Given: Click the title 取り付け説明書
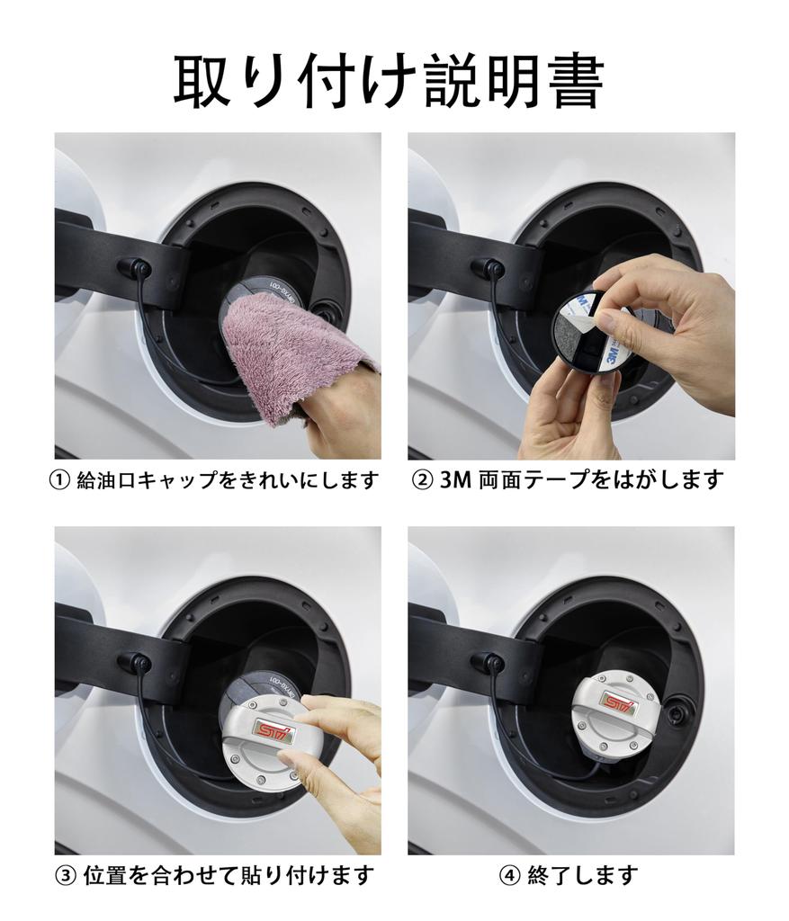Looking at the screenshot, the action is pyautogui.click(x=389, y=81).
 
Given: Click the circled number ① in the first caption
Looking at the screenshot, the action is pyautogui.click(x=59, y=480).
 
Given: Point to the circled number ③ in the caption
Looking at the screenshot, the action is pyautogui.click(x=65, y=876).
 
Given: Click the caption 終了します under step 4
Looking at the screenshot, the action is pyautogui.click(x=582, y=876).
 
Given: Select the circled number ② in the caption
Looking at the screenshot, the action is pyautogui.click(x=423, y=480).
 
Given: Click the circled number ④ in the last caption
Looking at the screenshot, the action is pyautogui.click(x=509, y=876).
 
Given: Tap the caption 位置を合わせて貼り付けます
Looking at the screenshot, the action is pyautogui.click(x=229, y=876).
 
